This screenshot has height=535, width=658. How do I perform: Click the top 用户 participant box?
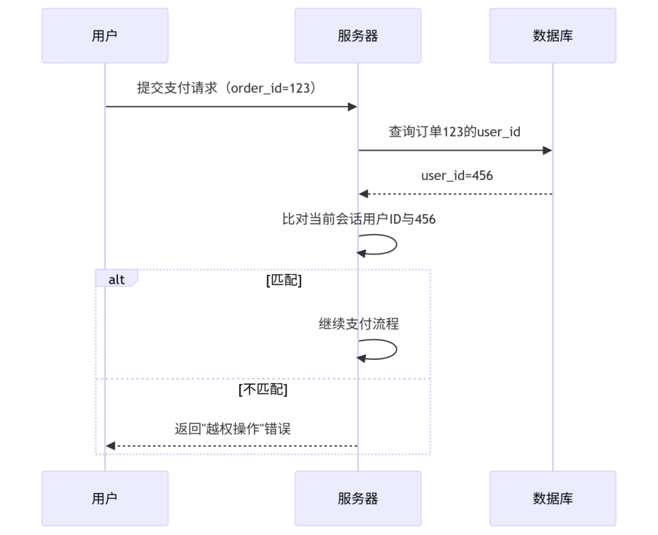105,36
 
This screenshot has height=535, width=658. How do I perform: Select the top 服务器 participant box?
357,36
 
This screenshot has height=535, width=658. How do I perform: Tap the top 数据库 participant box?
552,36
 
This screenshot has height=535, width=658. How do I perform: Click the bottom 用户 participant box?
105,498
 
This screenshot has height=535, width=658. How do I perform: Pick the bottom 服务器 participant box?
357,498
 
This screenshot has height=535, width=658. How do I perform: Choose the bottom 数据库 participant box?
552,498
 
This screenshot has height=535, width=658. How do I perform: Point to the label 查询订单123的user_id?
455,132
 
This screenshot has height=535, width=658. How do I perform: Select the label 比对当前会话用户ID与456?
359,219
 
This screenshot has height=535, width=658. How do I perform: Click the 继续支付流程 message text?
359,324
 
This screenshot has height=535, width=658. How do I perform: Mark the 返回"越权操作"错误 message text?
233,429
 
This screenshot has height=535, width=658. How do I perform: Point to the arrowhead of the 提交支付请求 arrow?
353,107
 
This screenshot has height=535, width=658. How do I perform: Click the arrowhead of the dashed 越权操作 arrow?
111,446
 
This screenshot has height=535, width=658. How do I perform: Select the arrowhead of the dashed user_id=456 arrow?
363,194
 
